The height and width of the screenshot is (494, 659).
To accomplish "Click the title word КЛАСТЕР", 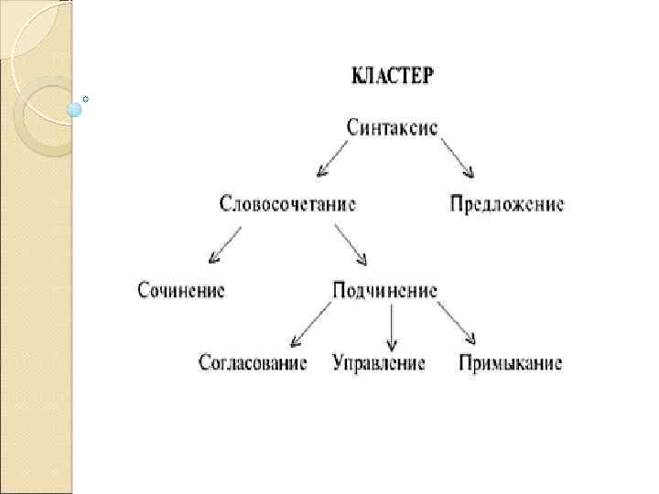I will (x=394, y=75).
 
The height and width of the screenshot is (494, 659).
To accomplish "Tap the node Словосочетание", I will (x=287, y=203).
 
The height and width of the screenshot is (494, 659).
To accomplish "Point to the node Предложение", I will (x=507, y=203).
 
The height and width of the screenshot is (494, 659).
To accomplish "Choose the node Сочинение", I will (x=181, y=290).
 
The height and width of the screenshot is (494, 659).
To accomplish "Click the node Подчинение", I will (x=384, y=290).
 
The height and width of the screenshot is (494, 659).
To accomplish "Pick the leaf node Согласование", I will (x=254, y=363).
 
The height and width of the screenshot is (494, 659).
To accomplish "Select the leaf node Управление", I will (x=379, y=363).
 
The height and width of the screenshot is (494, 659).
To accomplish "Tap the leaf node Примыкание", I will (x=511, y=363).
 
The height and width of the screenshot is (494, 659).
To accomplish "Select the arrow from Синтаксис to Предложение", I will (x=458, y=158).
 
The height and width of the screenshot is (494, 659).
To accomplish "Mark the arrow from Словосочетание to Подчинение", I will (x=351, y=245).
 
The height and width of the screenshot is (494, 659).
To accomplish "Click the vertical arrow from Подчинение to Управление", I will (x=392, y=327).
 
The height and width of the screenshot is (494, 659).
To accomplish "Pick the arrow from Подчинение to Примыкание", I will (x=456, y=323).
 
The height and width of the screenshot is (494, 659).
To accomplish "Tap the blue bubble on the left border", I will (x=75, y=110).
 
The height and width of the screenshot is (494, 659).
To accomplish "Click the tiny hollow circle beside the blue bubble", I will (x=85, y=97).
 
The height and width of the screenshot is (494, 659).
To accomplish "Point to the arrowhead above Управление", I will (x=392, y=346).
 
